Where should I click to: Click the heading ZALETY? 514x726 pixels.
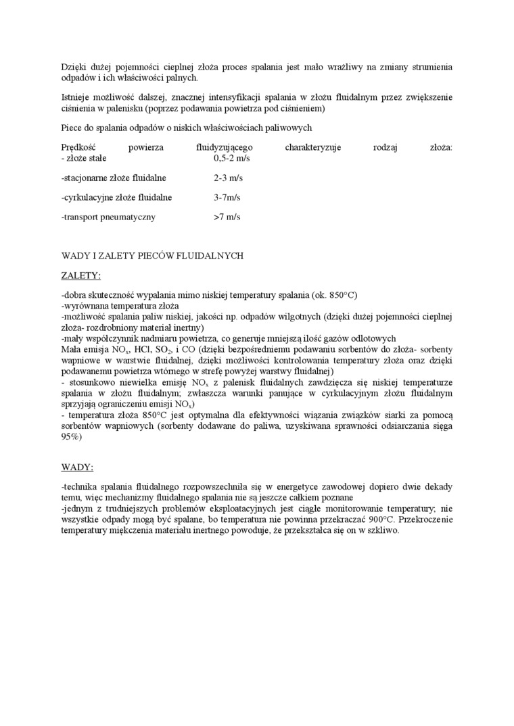coord(80,276)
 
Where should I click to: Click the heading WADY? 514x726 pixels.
coord(77,467)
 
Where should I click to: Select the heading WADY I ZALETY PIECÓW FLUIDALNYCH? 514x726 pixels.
coord(151,256)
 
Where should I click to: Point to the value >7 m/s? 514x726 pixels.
coord(227,217)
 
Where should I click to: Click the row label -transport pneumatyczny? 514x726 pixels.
coord(108,217)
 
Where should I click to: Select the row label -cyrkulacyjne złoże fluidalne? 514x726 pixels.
coord(116,198)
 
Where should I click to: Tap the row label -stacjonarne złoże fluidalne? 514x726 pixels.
coord(114,178)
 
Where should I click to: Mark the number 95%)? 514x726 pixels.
coord(71,437)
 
